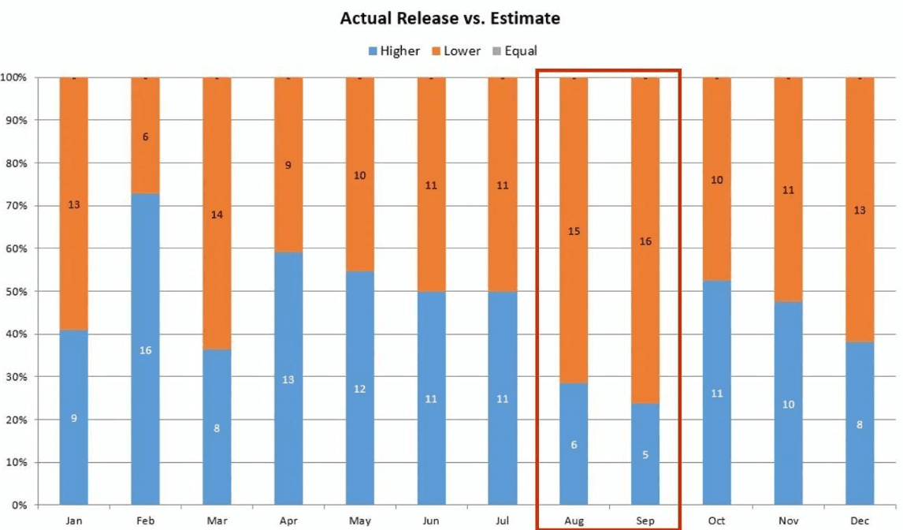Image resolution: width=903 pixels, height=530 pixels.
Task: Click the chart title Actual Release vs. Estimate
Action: click(450, 18)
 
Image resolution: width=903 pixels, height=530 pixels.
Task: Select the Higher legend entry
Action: click(394, 51)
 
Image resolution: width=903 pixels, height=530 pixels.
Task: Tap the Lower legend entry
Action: click(455, 51)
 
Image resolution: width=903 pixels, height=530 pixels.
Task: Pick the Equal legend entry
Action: click(515, 51)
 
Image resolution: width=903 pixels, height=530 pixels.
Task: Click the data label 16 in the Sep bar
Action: click(645, 241)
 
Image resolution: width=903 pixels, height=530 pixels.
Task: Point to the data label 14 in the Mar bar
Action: click(217, 215)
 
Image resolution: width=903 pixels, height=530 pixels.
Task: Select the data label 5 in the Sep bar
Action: click(645, 454)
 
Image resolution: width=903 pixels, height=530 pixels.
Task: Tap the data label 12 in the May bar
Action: click(359, 389)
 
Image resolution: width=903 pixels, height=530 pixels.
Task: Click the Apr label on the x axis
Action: click(288, 521)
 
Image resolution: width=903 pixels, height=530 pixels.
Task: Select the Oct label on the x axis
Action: click(716, 521)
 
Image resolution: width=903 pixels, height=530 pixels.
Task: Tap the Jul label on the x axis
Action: click(503, 521)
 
